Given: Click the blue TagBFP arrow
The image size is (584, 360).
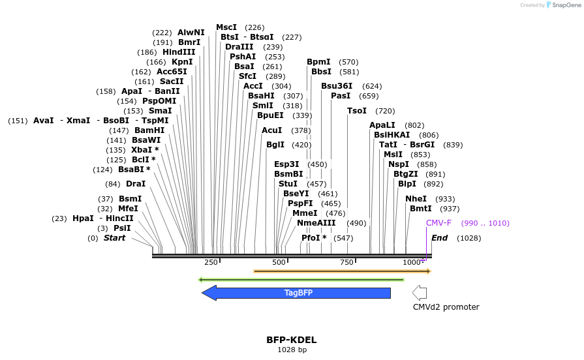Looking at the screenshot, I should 298,293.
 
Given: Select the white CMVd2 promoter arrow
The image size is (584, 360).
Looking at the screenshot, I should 420,292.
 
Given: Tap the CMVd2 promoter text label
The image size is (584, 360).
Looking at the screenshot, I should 446,307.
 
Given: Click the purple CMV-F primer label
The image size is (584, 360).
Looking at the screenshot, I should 438,223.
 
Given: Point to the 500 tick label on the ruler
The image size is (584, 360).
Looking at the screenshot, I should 279,262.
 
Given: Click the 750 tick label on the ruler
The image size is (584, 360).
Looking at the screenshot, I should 346,262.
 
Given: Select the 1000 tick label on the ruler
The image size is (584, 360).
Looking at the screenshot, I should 412,262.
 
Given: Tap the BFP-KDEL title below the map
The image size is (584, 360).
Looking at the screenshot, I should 291,340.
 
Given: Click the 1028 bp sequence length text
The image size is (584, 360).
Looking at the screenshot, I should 292,350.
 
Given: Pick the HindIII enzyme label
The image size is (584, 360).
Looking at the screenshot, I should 179,52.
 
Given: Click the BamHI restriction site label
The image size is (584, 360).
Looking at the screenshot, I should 150,130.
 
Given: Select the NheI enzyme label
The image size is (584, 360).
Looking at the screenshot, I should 416,199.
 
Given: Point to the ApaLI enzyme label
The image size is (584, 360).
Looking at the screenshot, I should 382,125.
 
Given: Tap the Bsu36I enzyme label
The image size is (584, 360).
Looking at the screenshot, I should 337,86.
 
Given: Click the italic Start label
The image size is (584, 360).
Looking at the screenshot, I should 114,238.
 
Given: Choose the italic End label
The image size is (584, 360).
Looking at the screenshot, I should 439,238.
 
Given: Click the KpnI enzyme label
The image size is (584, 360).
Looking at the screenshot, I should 182,62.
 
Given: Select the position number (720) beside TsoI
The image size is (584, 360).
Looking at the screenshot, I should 385,111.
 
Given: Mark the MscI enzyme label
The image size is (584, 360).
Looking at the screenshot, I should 226,27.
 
